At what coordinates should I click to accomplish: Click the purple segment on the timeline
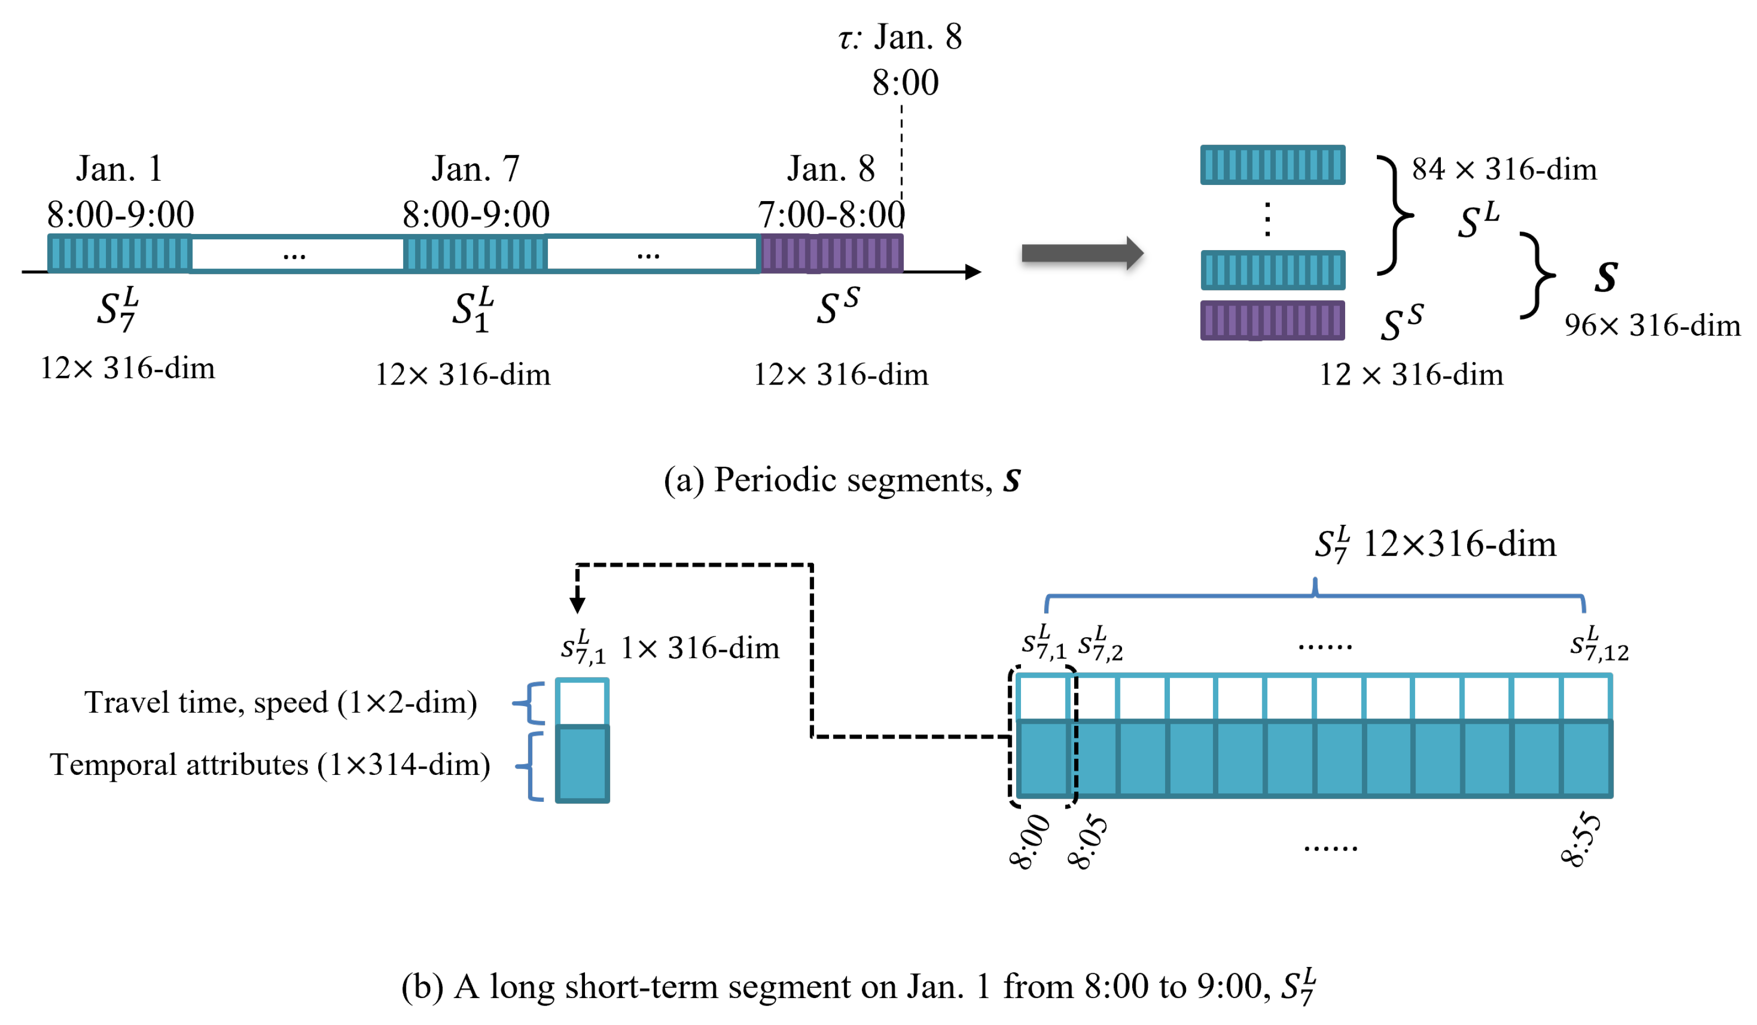831,253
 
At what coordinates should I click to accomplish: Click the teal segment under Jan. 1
119,253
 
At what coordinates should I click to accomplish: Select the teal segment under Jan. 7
475,253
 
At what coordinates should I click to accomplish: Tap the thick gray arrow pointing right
1081,253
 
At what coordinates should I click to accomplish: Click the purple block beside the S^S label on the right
1273,320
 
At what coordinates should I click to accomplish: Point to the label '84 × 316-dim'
1504,169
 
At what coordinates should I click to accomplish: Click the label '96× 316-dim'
1652,326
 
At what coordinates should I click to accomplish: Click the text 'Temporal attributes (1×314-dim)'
270,765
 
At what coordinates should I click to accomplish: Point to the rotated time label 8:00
1030,842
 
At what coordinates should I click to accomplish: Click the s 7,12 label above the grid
1599,644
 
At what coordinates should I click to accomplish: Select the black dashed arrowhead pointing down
577,604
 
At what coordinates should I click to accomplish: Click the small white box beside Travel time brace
582,702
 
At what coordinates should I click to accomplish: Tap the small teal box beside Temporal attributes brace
582,764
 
